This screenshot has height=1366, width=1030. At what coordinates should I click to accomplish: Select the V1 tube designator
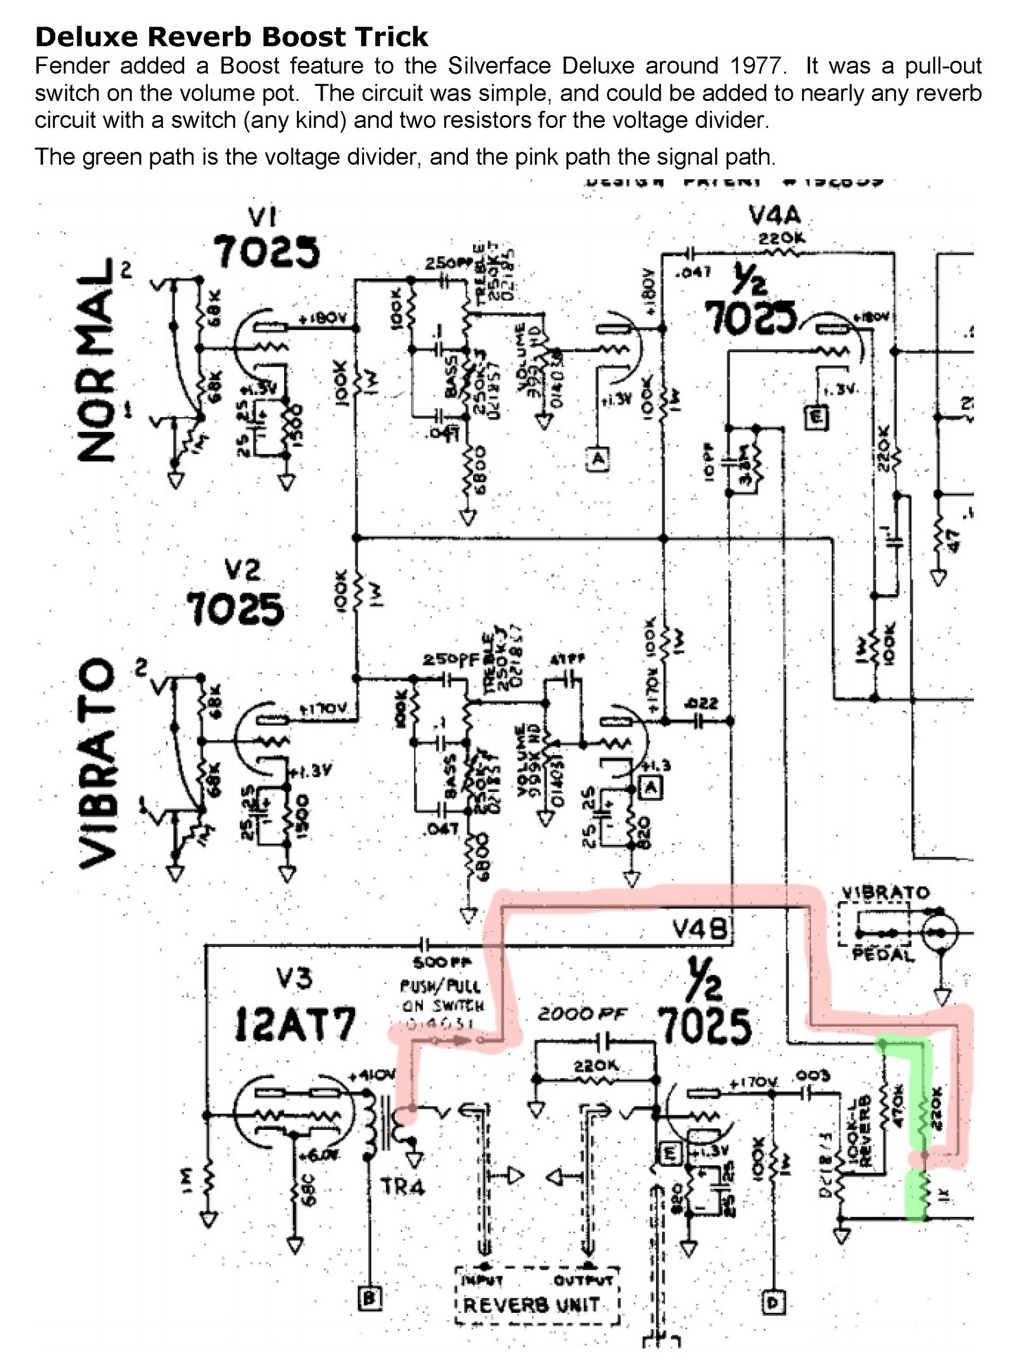click(262, 217)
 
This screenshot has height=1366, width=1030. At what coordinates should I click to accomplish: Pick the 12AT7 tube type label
click(295, 1026)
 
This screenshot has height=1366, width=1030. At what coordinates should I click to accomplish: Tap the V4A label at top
click(774, 215)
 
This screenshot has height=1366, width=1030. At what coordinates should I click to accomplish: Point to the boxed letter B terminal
click(370, 1298)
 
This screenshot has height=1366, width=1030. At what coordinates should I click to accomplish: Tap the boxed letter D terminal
click(775, 1302)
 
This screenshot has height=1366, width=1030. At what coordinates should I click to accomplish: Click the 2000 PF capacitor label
click(582, 1014)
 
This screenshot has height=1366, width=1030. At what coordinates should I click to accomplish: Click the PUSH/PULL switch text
click(440, 986)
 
